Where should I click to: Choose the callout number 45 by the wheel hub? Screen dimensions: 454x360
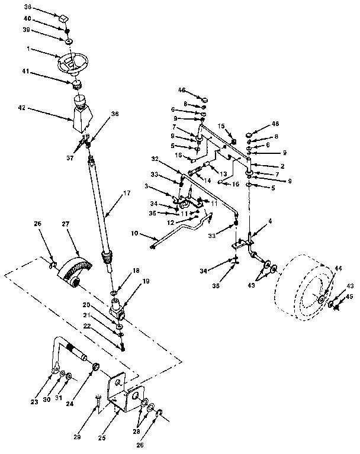pos(349,297)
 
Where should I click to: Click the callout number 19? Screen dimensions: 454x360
pos(146,282)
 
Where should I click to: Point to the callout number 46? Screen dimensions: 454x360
pos(182,90)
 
